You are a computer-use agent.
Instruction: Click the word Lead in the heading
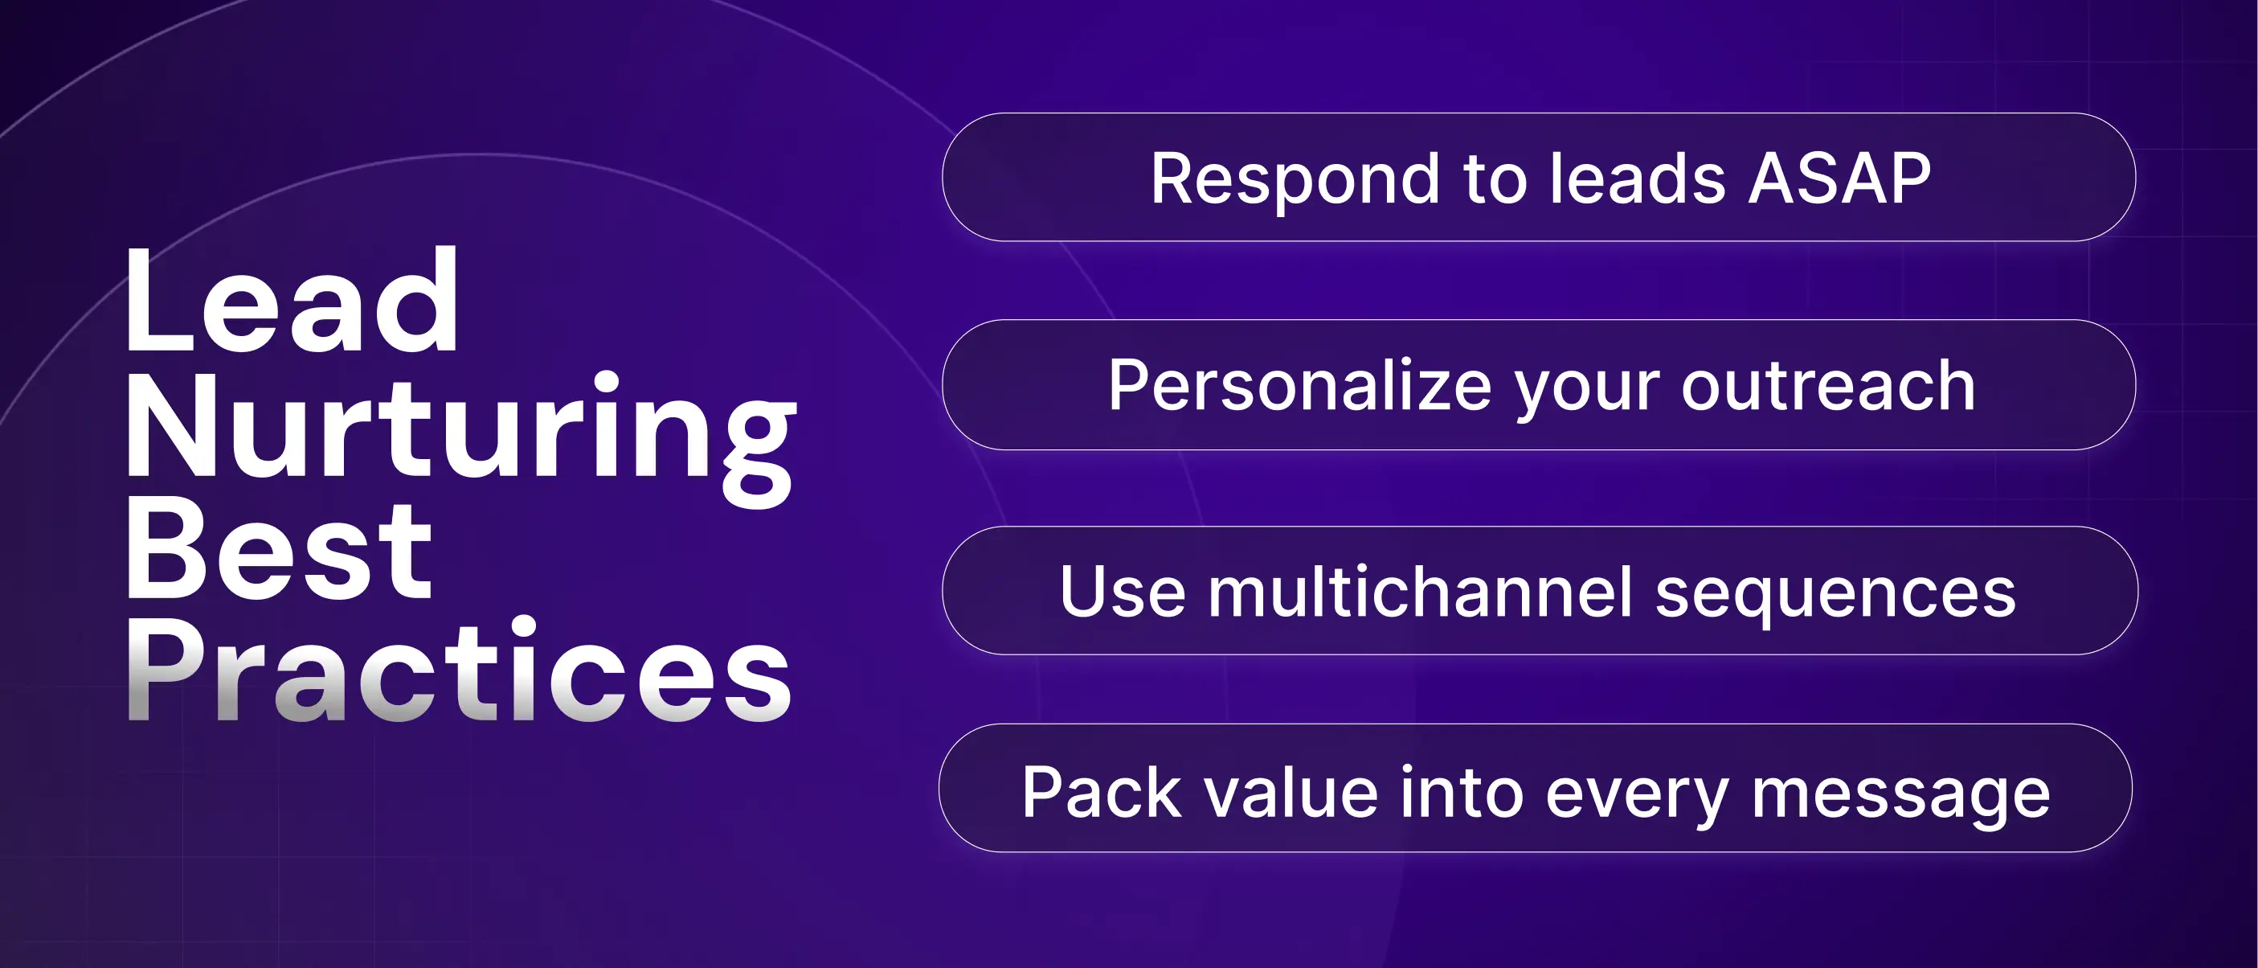[x=292, y=300]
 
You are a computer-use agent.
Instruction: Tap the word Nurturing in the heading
[x=461, y=436]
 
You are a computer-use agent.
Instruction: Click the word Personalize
[x=1300, y=386]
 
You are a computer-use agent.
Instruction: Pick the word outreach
[x=1827, y=386]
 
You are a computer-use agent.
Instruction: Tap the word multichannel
[x=1421, y=591]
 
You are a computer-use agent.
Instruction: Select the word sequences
[x=1835, y=598]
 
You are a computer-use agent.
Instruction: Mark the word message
[x=1900, y=799]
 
